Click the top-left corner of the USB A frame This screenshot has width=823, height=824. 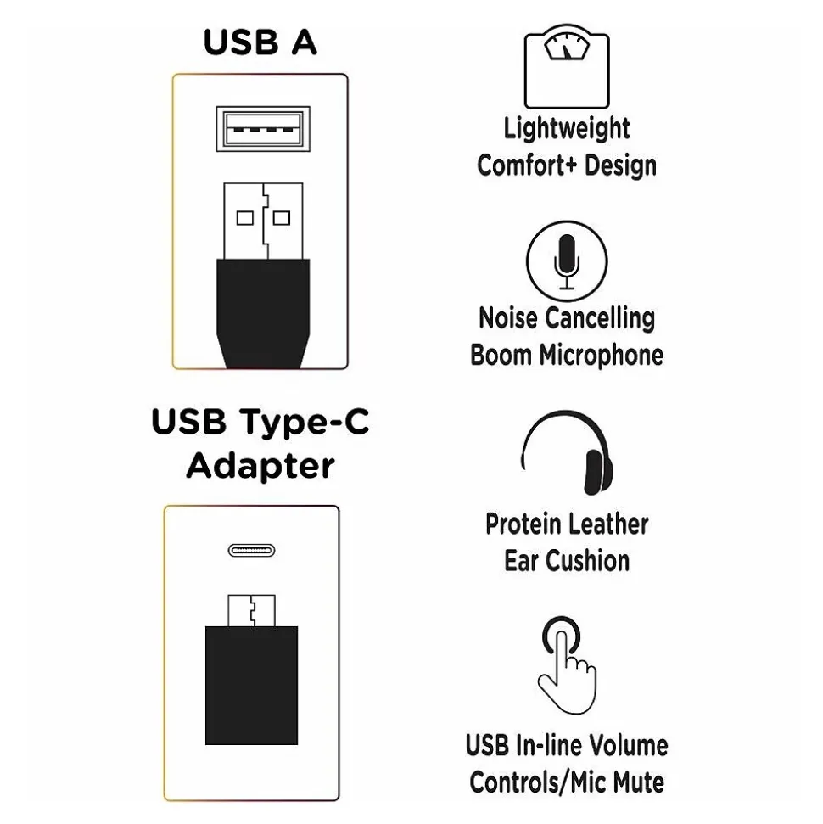click(x=173, y=75)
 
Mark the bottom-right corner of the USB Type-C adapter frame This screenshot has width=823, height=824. click(x=339, y=800)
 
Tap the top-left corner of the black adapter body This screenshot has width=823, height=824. click(x=205, y=626)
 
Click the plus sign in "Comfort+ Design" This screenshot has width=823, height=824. click(x=571, y=166)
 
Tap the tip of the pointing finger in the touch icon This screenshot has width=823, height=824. click(x=562, y=633)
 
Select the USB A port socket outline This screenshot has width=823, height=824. click(x=263, y=129)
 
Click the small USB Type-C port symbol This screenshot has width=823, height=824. click(x=252, y=550)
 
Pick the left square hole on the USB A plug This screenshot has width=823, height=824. click(x=245, y=218)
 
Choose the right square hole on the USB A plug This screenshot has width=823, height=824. click(x=282, y=218)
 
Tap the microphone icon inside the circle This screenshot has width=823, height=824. click(x=567, y=261)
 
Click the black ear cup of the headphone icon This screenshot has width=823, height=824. click(x=599, y=473)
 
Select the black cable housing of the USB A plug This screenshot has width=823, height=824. click(x=263, y=314)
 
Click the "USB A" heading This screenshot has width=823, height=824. click(x=260, y=42)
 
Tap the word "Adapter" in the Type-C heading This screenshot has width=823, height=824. click(x=260, y=466)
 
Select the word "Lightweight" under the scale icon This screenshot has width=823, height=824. click(x=567, y=129)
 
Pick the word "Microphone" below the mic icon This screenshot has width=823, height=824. click(x=602, y=356)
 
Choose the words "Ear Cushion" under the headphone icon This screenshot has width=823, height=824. click(x=567, y=560)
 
